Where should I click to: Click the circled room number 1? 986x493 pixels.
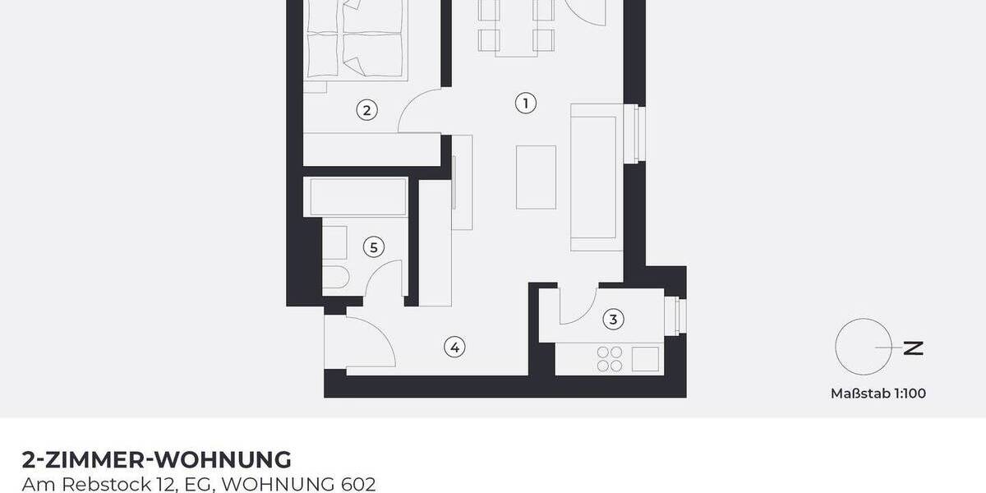(525, 103)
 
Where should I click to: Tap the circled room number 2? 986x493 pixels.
(366, 109)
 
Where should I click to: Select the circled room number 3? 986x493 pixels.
(612, 318)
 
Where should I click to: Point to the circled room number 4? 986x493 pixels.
(454, 347)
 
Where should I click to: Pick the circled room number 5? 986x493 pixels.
(374, 246)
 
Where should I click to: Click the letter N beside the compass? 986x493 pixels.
(913, 348)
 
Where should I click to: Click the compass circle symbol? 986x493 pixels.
(863, 347)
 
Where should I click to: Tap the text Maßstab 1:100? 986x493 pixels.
(878, 394)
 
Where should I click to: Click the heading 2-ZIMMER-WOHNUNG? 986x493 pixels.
(156, 458)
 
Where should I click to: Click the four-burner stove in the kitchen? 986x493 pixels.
(610, 358)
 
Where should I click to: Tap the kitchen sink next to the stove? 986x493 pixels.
(645, 358)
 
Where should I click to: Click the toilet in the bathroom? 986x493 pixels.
(335, 275)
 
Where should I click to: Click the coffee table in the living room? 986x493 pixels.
(536, 177)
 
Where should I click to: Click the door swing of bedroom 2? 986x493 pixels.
(421, 112)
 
